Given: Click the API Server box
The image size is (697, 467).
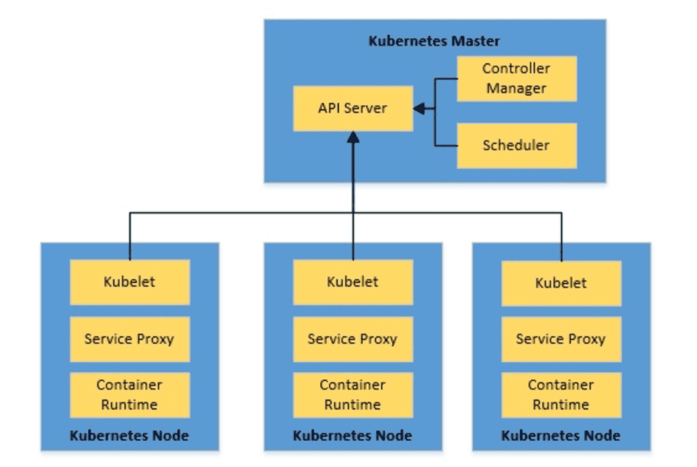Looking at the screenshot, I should [x=353, y=108].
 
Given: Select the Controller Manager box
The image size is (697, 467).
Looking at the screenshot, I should [x=517, y=78].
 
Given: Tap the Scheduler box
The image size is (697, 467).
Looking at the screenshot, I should [x=517, y=145].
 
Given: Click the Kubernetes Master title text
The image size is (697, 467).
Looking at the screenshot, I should [x=434, y=41].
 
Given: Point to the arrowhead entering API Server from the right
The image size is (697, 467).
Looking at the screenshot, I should [x=419, y=108].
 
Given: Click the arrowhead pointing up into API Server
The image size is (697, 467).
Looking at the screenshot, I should [x=353, y=136].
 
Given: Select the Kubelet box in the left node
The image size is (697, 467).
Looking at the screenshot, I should [x=129, y=282].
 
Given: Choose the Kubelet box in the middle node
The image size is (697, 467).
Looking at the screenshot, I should [x=353, y=282].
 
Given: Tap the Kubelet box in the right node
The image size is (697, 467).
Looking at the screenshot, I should [x=561, y=283].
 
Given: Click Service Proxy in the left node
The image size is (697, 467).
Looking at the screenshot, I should [x=129, y=339].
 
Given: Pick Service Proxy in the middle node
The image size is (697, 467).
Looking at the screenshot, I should [x=353, y=339].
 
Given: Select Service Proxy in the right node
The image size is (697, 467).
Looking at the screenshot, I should [x=561, y=339].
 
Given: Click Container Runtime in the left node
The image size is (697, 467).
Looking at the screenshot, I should [x=129, y=395].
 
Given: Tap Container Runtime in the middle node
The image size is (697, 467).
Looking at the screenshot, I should [x=353, y=395].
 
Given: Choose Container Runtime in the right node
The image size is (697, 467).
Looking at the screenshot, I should [x=561, y=395].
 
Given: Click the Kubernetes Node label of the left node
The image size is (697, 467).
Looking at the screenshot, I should [x=129, y=436].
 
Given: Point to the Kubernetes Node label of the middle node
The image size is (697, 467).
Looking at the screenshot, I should [x=353, y=436].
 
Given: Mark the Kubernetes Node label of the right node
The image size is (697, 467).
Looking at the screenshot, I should [x=561, y=436].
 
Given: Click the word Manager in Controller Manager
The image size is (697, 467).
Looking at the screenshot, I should [x=517, y=88].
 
